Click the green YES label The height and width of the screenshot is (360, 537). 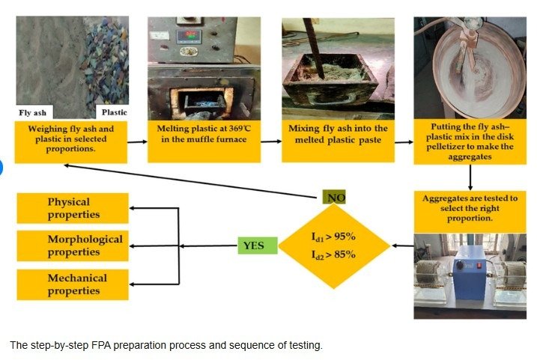(258, 245)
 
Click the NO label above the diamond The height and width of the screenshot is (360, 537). (334, 198)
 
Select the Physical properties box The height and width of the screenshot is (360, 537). (73, 208)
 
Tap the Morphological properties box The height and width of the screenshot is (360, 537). (73, 245)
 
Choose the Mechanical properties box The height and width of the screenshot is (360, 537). (73, 284)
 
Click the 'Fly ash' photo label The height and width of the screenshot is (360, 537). (33, 112)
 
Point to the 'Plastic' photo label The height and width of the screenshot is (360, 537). (115, 112)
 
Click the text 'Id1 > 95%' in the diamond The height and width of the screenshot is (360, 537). (333, 237)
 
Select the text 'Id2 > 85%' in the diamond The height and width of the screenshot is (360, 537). (333, 254)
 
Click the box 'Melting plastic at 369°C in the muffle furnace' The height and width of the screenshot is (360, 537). (204, 141)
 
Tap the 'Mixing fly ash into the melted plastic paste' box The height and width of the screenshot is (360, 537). (338, 141)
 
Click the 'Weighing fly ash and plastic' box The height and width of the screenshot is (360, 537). (71, 141)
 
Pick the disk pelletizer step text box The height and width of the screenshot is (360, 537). (470, 141)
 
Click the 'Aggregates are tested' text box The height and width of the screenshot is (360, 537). (470, 212)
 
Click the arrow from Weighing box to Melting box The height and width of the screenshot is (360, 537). (137, 141)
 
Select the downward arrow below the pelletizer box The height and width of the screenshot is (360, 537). (470, 177)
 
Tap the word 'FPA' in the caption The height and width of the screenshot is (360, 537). (101, 345)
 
